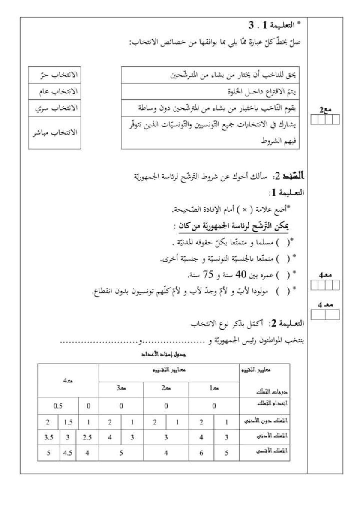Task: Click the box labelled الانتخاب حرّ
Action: pos(55,75)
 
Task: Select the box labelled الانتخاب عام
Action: pos(55,91)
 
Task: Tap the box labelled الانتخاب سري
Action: pos(55,108)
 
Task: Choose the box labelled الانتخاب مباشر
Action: pos(55,133)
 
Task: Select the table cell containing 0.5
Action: pos(58,406)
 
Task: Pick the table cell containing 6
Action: pos(201,453)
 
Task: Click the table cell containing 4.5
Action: pos(68,453)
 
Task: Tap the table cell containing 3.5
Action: pos(48,437)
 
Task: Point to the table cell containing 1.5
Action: pos(68,422)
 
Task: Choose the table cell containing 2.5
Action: pos(87,437)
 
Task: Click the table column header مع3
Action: pos(121,388)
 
